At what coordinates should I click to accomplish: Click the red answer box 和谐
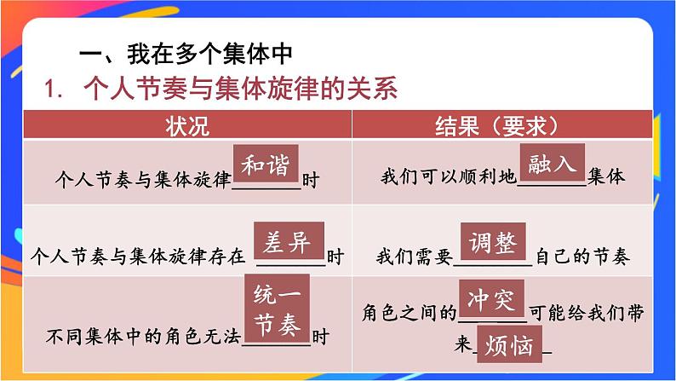(x=265, y=165)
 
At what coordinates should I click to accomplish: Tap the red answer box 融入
(x=552, y=164)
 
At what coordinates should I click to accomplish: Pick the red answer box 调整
(x=493, y=243)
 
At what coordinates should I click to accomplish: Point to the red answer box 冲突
(x=491, y=299)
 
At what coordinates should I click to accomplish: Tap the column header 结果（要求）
(x=495, y=125)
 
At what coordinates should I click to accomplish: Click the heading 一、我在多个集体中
(x=185, y=53)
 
